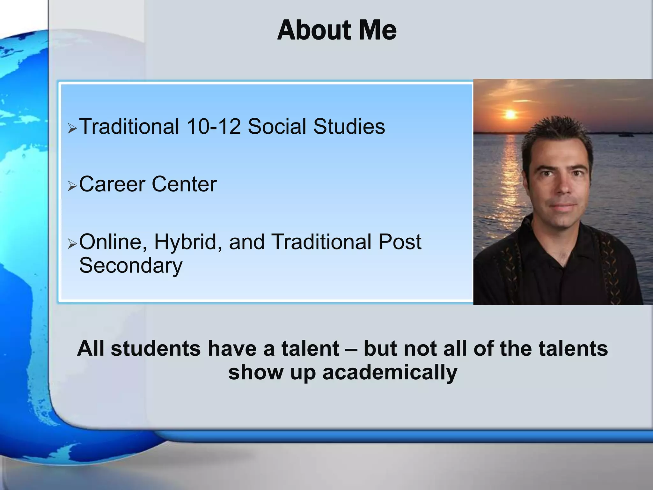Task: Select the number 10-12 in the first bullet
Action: click(x=213, y=126)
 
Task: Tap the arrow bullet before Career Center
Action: click(x=72, y=186)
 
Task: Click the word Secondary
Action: click(x=131, y=265)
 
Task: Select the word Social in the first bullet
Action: click(x=277, y=126)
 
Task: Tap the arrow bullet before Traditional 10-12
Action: click(x=72, y=129)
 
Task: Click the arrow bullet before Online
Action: click(x=72, y=244)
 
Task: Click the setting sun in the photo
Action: click(x=510, y=114)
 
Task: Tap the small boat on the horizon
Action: click(x=626, y=135)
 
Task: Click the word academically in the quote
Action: click(x=390, y=372)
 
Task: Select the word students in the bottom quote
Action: click(x=156, y=348)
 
